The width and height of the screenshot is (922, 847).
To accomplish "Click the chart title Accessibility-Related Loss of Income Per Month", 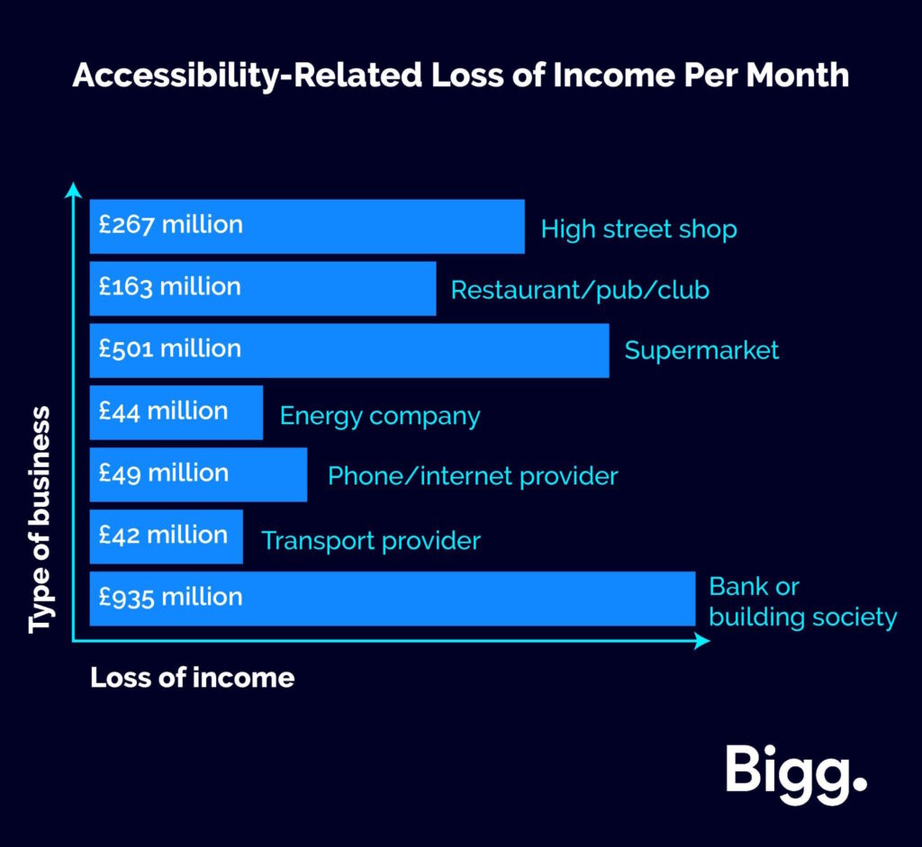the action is (x=461, y=77).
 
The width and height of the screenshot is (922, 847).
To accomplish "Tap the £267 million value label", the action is (x=170, y=225).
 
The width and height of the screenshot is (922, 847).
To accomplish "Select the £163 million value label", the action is (x=170, y=287).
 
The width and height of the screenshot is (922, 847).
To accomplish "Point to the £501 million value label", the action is (x=170, y=349).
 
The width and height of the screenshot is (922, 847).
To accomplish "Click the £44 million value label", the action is (x=163, y=411).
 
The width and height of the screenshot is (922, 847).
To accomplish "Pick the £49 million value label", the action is (x=164, y=473).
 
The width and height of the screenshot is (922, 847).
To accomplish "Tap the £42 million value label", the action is (x=163, y=536).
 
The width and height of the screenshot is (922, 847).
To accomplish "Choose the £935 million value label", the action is (x=170, y=598).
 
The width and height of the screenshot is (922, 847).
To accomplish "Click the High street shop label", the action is (x=638, y=230).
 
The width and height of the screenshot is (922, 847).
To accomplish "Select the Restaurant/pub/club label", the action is (x=580, y=291).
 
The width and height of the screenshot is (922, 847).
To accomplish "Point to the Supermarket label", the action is (x=701, y=351).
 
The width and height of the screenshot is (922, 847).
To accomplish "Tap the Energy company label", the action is (x=380, y=417).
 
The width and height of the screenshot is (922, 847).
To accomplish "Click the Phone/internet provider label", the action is (x=473, y=477).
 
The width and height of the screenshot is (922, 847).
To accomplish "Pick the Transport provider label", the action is (x=371, y=541).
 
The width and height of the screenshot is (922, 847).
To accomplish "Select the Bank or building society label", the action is (x=802, y=602).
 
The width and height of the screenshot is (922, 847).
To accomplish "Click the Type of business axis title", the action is (x=40, y=519).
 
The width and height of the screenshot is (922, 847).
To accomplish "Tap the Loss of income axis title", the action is (x=193, y=678).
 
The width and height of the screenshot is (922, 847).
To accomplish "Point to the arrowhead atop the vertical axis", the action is (x=73, y=190).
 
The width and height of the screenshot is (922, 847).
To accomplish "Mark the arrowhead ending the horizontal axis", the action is (x=702, y=641).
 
